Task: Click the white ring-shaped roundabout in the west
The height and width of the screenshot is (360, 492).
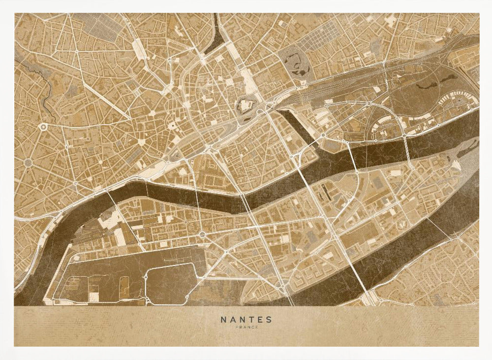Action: [x=43, y=127]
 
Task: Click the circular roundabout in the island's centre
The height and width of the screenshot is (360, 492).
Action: [x=202, y=234]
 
